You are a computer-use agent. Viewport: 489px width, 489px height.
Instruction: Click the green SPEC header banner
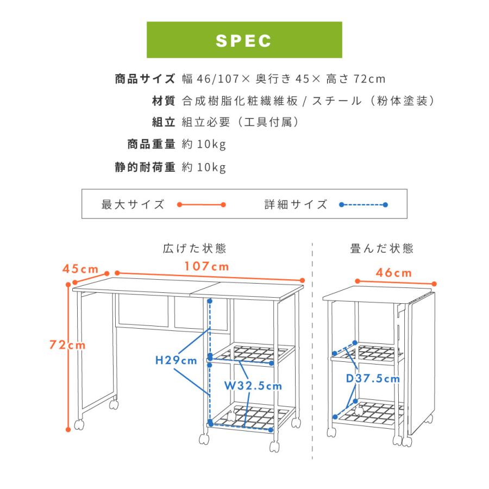(x=244, y=40)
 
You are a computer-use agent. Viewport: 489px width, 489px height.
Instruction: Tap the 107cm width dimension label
(x=207, y=266)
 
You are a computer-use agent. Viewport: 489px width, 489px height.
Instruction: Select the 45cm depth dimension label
(x=80, y=269)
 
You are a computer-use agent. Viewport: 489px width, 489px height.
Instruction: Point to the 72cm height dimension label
(x=67, y=345)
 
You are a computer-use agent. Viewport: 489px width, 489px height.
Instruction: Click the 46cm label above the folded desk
(x=393, y=273)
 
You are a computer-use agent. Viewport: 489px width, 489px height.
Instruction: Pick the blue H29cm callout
(x=176, y=361)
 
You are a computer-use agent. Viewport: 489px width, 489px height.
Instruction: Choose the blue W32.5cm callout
(x=253, y=386)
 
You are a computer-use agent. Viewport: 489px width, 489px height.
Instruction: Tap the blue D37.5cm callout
(x=373, y=379)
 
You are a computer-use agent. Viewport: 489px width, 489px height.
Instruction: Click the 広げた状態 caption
(x=195, y=248)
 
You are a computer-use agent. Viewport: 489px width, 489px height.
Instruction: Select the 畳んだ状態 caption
(x=382, y=248)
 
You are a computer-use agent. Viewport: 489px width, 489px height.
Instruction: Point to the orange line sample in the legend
(x=201, y=205)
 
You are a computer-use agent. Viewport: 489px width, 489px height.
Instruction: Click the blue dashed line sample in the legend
(x=363, y=205)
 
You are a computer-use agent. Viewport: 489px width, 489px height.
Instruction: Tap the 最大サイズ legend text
(x=133, y=205)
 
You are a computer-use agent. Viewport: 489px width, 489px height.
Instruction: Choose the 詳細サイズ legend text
(x=296, y=205)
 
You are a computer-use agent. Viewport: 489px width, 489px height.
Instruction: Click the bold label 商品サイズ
(x=145, y=79)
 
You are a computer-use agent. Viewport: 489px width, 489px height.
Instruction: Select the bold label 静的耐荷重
(x=145, y=167)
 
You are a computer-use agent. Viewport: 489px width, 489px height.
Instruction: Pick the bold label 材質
(x=164, y=101)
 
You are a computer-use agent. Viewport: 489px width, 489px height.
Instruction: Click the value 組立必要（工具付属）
(x=240, y=122)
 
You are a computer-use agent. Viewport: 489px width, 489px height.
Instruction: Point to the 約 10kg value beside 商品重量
(x=204, y=145)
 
